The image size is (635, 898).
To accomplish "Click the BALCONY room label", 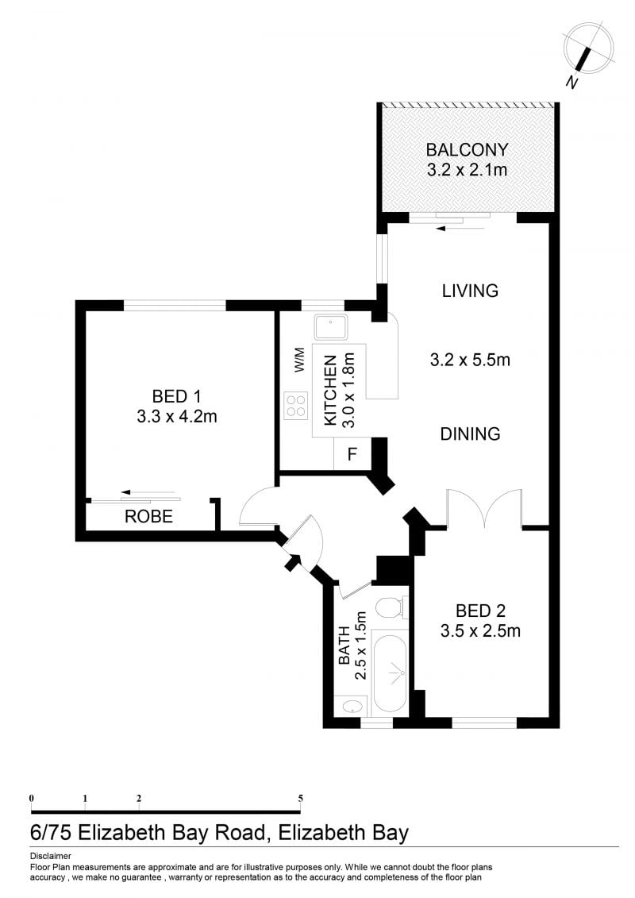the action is [467, 149].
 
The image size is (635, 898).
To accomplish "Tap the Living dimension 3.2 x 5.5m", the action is [470, 360].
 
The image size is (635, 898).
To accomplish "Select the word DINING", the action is [470, 434].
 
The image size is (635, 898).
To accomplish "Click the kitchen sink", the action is [331, 327].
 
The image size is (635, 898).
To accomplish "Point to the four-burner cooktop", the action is [296, 406].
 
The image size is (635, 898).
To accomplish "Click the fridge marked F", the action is [352, 454].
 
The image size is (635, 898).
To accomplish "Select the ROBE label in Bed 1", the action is [149, 516].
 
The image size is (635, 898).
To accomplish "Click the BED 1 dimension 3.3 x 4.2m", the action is [177, 416].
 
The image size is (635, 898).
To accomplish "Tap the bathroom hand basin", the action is [352, 706].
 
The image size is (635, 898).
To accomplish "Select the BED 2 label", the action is [480, 611].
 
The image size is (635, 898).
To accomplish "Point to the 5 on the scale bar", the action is [301, 798].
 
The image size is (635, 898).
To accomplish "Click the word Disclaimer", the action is [50, 856].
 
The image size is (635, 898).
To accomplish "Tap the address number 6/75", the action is [51, 832].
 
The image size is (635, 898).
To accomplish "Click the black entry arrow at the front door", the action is [293, 562].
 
